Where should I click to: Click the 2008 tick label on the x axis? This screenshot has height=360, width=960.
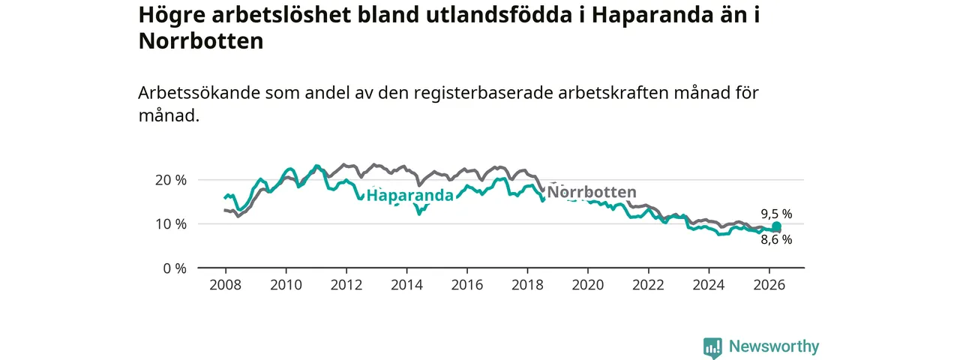226,285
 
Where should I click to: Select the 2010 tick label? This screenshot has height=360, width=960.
286,285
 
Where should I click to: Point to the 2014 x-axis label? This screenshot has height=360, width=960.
406,285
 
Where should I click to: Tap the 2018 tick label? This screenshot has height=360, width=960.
527,285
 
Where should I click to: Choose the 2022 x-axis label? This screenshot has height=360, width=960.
649,285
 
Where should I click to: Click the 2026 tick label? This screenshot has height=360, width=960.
769,285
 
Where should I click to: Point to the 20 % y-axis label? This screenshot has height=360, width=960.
171,181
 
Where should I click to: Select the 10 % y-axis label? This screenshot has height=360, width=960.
171,224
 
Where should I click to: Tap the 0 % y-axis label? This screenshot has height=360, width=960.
175,268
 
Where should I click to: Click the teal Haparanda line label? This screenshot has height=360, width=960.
410,196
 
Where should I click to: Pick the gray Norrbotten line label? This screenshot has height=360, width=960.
592,192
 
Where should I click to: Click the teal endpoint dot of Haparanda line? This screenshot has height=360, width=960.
776,226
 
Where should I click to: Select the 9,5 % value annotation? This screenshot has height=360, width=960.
776,214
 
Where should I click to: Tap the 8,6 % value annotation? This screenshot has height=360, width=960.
776,240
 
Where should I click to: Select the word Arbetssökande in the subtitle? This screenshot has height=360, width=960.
199,93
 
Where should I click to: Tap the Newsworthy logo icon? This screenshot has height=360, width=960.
712,347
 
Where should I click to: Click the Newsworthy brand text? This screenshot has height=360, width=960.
774,346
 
